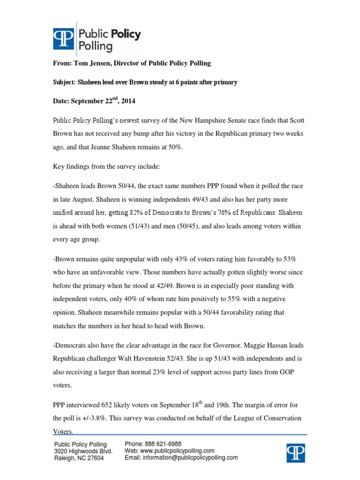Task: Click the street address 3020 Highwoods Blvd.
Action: click(83, 451)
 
